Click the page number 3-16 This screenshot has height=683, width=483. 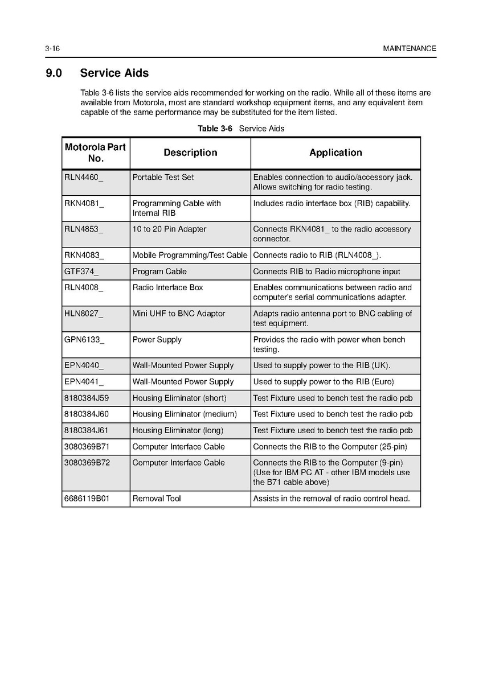pyautogui.click(x=52, y=49)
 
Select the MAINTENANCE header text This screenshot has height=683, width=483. pyautogui.click(x=410, y=49)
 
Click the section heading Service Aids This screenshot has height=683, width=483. pyautogui.click(x=114, y=73)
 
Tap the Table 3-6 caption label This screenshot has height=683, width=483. pyautogui.click(x=215, y=129)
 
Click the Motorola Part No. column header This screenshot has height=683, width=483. pyautogui.click(x=95, y=153)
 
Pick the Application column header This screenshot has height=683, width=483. pyautogui.click(x=335, y=153)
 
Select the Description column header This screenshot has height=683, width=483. pyautogui.click(x=190, y=153)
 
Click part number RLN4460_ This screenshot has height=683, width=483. pyautogui.click(x=84, y=178)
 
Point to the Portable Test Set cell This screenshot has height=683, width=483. pyautogui.click(x=163, y=178)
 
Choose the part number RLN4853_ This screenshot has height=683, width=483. pyautogui.click(x=84, y=229)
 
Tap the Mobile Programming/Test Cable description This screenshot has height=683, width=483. pyautogui.click(x=190, y=256)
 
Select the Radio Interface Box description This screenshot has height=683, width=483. pyautogui.click(x=167, y=287)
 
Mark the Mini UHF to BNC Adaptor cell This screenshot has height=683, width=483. pyautogui.click(x=178, y=314)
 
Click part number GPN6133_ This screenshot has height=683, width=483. pyautogui.click(x=84, y=340)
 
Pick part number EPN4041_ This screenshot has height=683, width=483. pyautogui.click(x=84, y=382)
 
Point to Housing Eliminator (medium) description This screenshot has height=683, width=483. pyautogui.click(x=184, y=414)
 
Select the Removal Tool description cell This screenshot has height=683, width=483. pyautogui.click(x=157, y=499)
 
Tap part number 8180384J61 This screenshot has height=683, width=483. pyautogui.click(x=86, y=430)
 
